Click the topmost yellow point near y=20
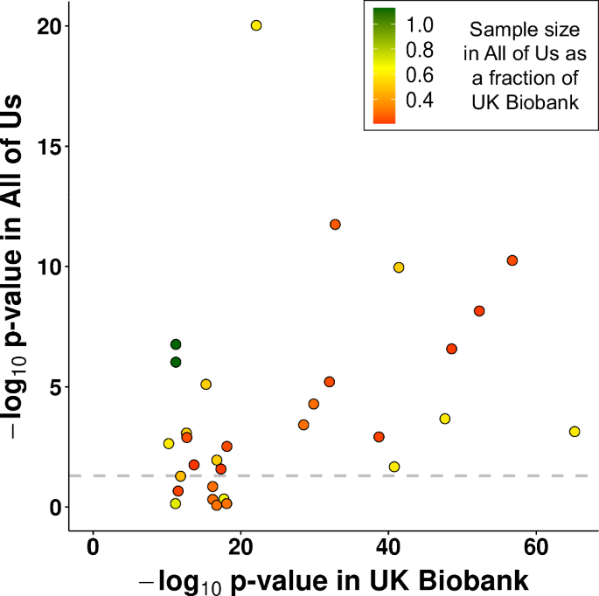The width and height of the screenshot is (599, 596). (x=256, y=25)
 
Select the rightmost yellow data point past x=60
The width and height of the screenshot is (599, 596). (x=575, y=432)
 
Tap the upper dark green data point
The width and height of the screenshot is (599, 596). (x=176, y=344)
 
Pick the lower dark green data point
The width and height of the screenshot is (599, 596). (x=176, y=362)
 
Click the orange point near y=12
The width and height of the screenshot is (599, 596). (x=335, y=225)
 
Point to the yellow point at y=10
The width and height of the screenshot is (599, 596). (x=399, y=267)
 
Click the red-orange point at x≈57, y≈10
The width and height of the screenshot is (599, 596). (x=512, y=260)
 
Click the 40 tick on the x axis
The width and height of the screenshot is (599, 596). (x=387, y=547)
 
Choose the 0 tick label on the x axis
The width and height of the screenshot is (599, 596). (x=93, y=547)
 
